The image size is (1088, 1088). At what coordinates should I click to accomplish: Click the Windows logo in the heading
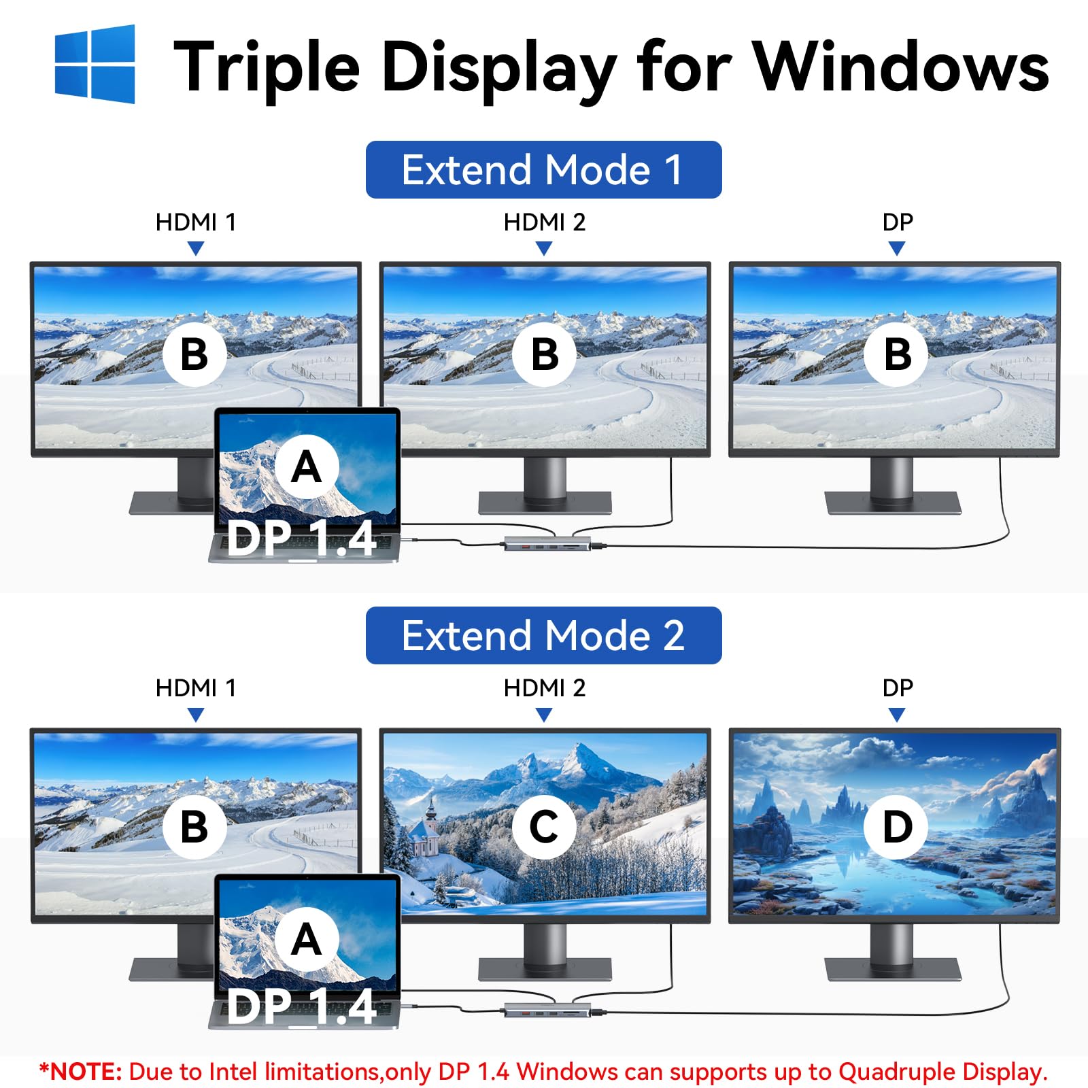[x=95, y=64]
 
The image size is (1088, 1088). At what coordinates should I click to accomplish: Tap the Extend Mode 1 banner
[x=543, y=169]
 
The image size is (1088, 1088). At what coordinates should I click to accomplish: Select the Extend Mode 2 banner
[x=543, y=635]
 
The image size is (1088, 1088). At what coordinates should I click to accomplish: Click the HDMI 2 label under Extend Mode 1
[x=544, y=222]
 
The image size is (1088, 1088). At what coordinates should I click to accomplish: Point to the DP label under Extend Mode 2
[x=898, y=688]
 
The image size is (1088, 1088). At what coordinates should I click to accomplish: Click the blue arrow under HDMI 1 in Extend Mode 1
[x=196, y=249]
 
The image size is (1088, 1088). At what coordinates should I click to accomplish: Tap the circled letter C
[x=544, y=827]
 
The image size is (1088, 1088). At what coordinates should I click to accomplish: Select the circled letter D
[x=896, y=827]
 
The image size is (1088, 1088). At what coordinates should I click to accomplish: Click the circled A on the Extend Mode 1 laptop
[x=307, y=467]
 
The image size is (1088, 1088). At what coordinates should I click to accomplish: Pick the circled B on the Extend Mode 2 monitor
[x=194, y=827]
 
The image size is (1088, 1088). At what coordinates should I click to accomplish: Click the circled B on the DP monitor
[x=896, y=354]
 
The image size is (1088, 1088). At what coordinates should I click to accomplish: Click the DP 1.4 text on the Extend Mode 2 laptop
[x=302, y=1006]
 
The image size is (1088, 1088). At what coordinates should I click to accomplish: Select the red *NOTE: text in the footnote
[x=80, y=1071]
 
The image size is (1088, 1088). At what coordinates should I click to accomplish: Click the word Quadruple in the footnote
[x=888, y=1072]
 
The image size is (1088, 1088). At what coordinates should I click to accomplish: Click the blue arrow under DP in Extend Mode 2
[x=897, y=715]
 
